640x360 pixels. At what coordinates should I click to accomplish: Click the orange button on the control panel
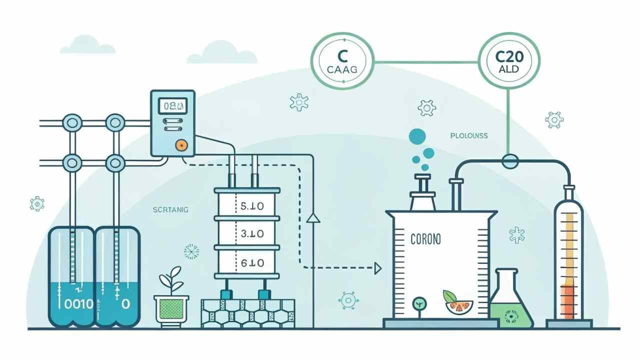click(180, 145)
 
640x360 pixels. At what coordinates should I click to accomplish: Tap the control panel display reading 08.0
click(172, 105)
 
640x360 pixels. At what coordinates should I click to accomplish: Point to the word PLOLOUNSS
click(468, 135)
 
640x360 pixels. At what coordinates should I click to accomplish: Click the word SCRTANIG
click(170, 210)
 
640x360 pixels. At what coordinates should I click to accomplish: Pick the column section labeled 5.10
click(246, 205)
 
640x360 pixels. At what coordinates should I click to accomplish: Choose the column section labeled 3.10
click(246, 233)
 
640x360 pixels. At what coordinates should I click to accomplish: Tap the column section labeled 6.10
click(246, 262)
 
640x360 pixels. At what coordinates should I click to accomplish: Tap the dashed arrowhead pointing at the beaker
click(378, 268)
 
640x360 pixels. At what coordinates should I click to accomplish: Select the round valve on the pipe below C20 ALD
click(510, 161)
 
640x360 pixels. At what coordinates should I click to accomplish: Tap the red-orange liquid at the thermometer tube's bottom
click(568, 302)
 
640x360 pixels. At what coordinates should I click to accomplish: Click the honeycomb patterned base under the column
click(247, 313)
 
